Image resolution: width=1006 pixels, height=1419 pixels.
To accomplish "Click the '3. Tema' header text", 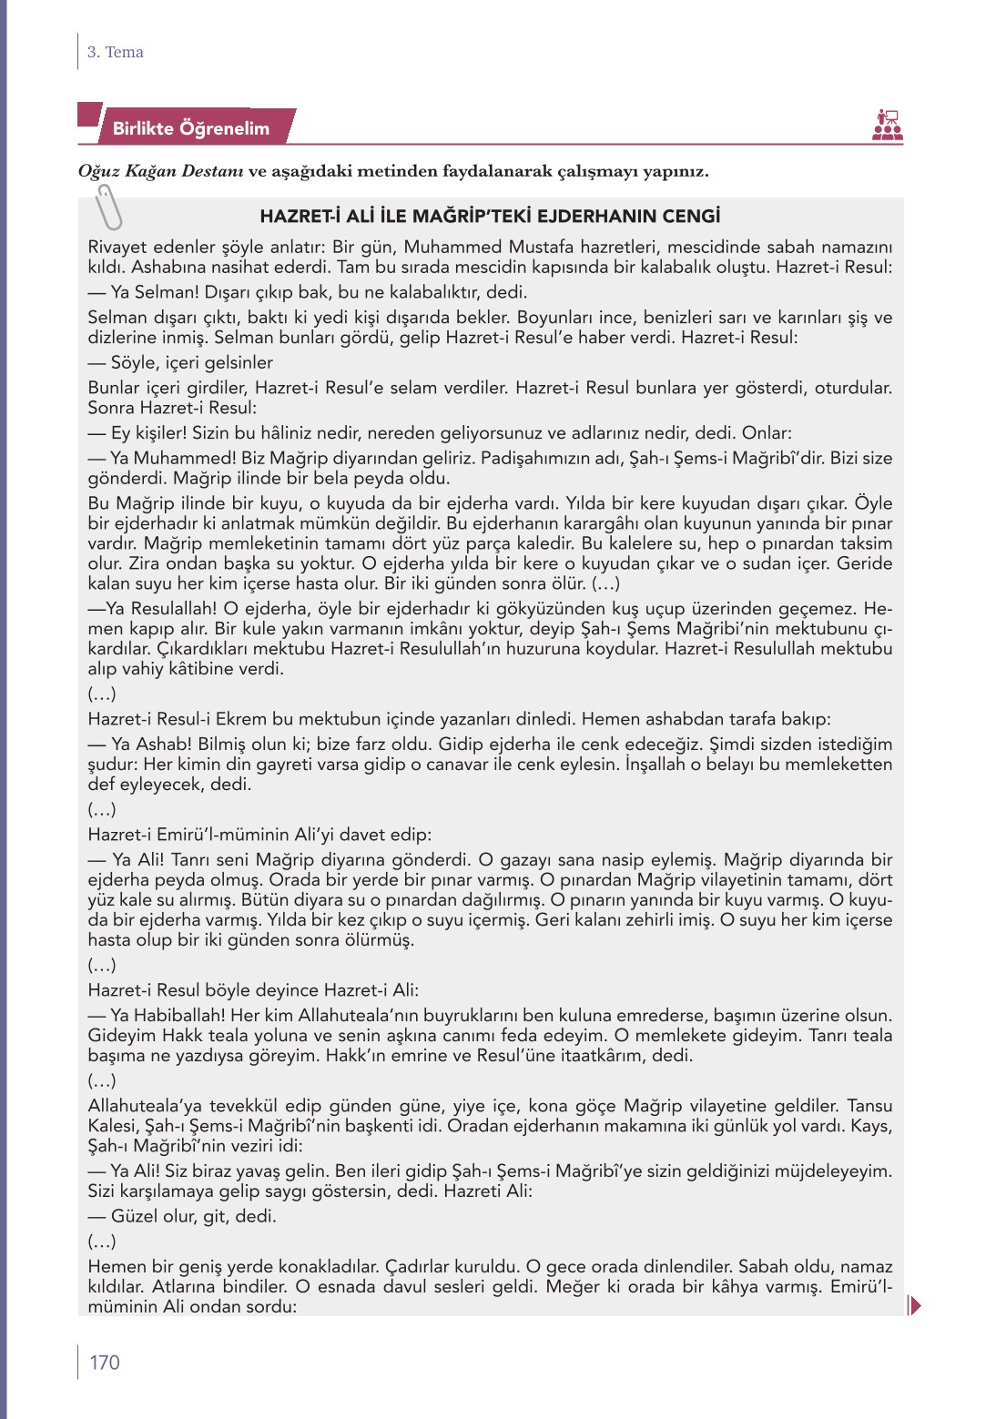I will point(115,52).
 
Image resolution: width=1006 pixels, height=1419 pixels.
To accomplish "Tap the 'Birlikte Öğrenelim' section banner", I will point(190,128).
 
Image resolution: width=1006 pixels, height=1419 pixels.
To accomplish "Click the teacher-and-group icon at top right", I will point(887,126).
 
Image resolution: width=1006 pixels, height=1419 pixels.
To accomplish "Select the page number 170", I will point(104,1362).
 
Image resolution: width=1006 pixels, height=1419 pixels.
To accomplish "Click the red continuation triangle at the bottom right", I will point(915,1305).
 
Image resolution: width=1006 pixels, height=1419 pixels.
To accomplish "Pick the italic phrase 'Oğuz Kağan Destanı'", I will point(160,171).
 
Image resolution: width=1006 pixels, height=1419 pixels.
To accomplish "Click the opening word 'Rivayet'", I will point(120,248).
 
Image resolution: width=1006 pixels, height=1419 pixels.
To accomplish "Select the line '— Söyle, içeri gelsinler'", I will point(180,362).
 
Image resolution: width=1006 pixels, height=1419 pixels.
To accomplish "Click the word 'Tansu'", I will point(869,1106).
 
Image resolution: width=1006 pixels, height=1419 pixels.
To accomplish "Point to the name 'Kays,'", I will point(871,1126).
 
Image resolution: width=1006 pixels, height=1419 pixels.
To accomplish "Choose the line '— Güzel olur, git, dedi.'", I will point(182,1216).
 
